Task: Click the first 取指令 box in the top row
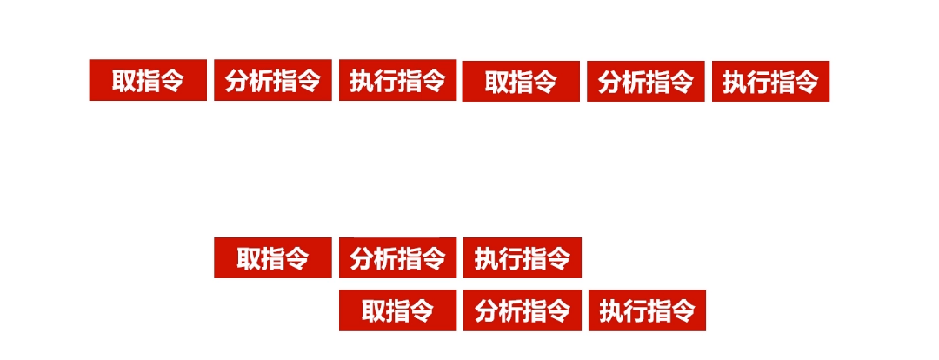point(148,80)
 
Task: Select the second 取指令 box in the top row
point(521,82)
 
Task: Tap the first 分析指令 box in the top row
point(273,80)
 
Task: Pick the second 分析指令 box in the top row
point(646,82)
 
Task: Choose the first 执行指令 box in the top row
point(397,80)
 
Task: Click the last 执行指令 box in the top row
point(770,82)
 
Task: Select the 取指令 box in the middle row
point(273,257)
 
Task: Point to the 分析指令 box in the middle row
point(397,257)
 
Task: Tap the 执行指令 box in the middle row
point(522,257)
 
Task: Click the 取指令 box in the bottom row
point(397,310)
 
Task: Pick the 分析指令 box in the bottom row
point(522,310)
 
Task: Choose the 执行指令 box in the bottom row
point(647,310)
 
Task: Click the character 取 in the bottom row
point(374,310)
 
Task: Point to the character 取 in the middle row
point(250,258)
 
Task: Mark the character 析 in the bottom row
point(510,310)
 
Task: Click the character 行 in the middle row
point(510,258)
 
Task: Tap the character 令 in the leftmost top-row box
point(172,81)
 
